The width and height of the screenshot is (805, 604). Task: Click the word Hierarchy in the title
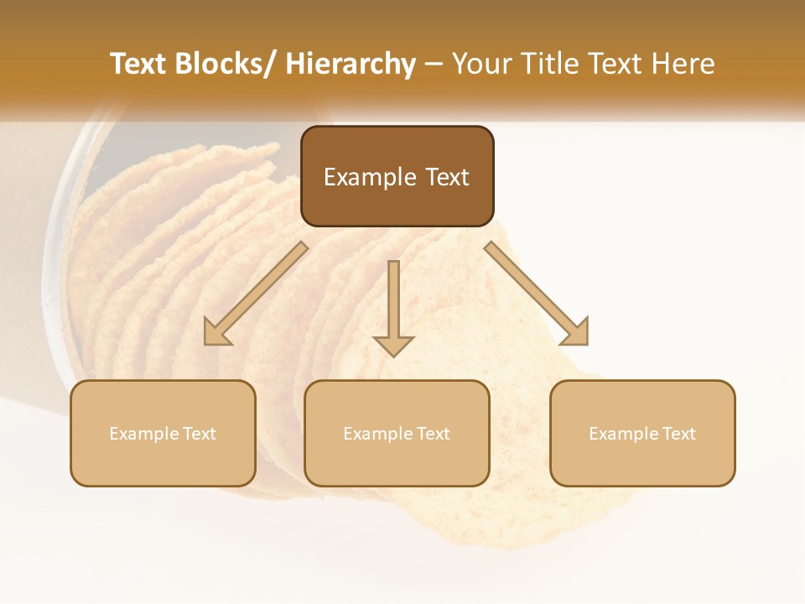point(351,64)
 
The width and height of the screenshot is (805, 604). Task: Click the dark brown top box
point(397,176)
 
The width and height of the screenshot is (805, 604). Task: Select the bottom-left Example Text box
point(163,434)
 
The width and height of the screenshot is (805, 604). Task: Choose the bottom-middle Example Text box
point(397,434)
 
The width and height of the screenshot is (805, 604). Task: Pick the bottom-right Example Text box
point(642,434)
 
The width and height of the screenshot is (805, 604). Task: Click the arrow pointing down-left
point(256,294)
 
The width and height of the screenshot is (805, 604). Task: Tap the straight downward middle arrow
point(393,306)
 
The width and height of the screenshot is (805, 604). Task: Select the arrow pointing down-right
point(537,294)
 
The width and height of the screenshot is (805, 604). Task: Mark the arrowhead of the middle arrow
point(393,345)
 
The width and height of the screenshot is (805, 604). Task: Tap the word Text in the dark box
point(446,177)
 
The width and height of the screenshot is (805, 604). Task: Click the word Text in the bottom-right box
point(680,434)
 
